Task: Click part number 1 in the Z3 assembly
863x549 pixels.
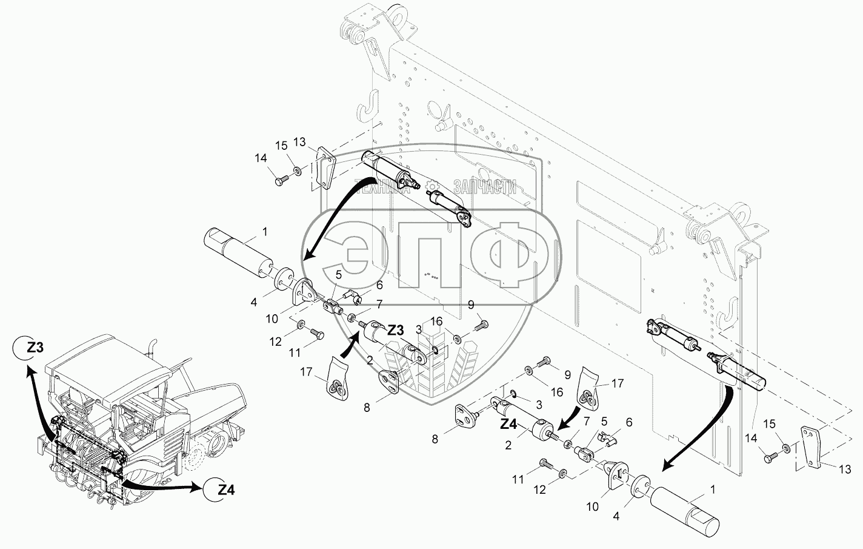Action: tap(264, 231)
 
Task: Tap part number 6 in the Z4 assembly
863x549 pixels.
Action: tap(628, 422)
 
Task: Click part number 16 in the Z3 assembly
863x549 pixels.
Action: tap(452, 320)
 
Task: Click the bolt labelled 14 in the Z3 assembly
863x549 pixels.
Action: tap(280, 180)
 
